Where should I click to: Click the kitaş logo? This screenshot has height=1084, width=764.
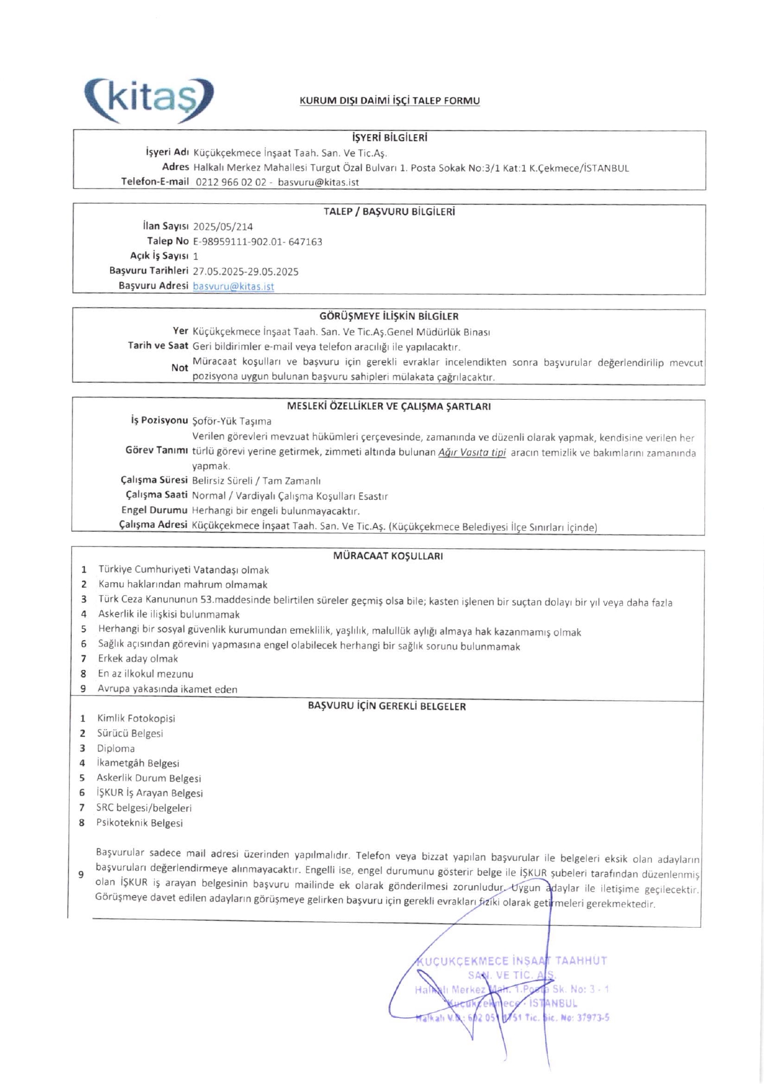(x=149, y=100)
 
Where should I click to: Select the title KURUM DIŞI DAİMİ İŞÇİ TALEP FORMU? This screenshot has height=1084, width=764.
(x=390, y=101)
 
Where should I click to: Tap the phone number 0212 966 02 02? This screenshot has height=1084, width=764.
(x=231, y=182)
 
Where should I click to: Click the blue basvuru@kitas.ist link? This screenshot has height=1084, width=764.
(x=233, y=286)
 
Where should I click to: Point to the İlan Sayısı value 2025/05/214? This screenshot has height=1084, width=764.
(x=223, y=227)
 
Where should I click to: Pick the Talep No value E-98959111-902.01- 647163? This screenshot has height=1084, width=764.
(x=257, y=242)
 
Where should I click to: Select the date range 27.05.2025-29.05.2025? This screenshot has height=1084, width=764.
(x=246, y=272)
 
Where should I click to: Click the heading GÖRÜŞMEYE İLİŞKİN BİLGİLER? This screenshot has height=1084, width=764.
(x=389, y=316)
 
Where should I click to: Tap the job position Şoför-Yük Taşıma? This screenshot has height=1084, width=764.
(x=232, y=421)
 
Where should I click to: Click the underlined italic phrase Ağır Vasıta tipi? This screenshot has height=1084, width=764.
(x=472, y=452)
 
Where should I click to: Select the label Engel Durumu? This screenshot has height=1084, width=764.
(x=154, y=510)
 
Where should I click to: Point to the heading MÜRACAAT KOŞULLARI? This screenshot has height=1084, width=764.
(x=388, y=556)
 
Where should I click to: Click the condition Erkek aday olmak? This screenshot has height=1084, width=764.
(x=138, y=659)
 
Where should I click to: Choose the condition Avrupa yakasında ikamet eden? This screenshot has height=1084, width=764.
(x=167, y=689)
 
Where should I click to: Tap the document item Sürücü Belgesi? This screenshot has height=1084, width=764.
(x=130, y=733)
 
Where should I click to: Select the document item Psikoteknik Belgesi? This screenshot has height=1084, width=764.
(x=139, y=823)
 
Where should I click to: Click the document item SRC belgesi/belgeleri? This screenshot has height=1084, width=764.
(x=144, y=808)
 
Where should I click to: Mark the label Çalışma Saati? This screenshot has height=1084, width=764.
(x=156, y=495)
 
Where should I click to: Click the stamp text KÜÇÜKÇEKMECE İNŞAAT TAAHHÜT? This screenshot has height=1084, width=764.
(x=512, y=961)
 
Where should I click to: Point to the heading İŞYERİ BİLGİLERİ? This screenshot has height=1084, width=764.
(x=390, y=138)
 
